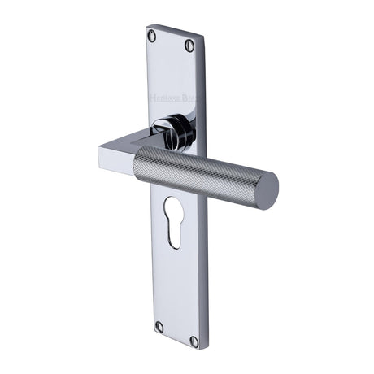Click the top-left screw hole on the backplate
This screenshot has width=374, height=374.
pyautogui.click(x=151, y=35)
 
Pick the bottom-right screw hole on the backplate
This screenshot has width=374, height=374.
pyautogui.click(x=194, y=341)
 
